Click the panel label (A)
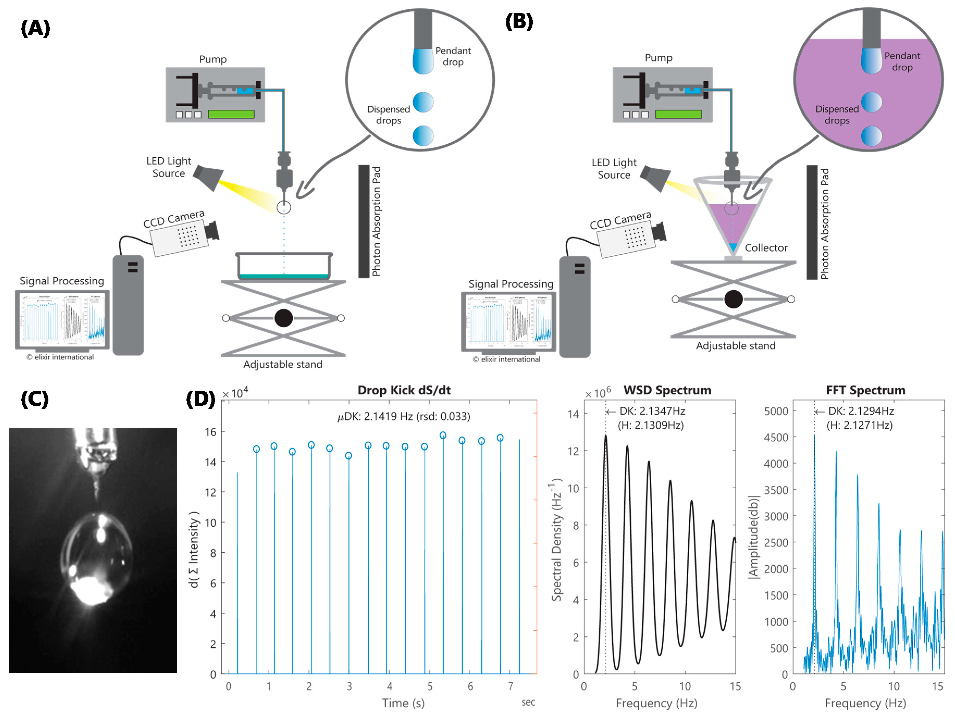pos(35,28)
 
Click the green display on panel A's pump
pos(231,114)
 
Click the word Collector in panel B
pos(766,248)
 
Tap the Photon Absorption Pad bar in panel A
pos(364,221)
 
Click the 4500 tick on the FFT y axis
pos(776,437)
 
